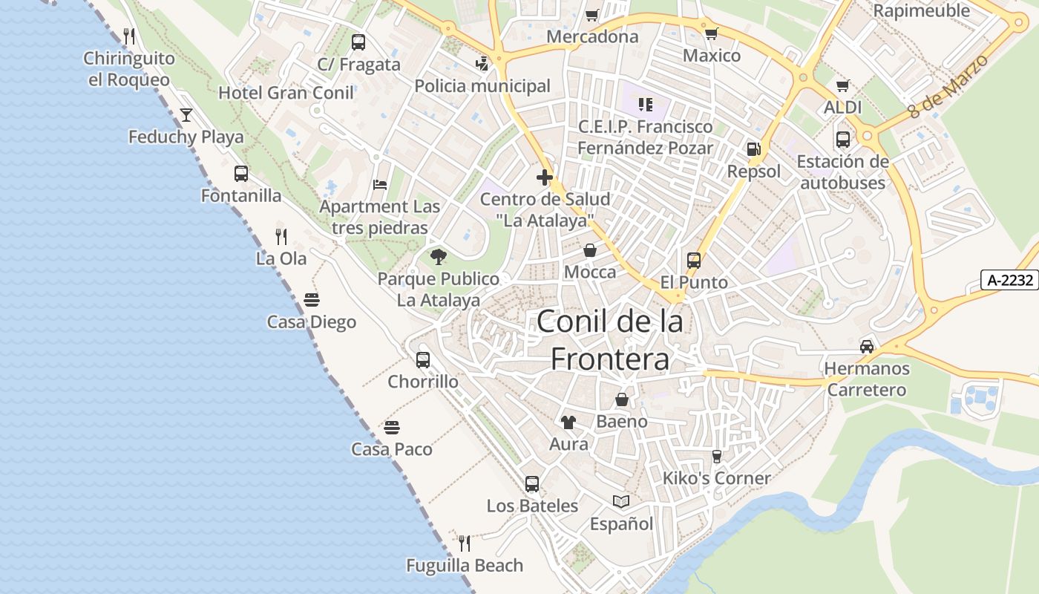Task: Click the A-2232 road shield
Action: coord(1009,280)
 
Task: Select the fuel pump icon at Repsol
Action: coord(753,149)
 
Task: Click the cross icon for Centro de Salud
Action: coord(545,177)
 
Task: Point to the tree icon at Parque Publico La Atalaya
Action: coord(439,257)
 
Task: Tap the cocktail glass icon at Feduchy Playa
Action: coord(186,114)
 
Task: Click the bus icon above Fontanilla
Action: coord(241,174)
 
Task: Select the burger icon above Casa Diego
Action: coord(312,300)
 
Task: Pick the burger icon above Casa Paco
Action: coord(392,428)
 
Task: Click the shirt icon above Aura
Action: coord(568,422)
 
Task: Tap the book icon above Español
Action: coord(621,502)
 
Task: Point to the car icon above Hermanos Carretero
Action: coord(866,347)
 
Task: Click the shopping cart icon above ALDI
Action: coord(842,86)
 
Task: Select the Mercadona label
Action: coord(592,36)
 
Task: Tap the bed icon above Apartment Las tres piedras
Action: coord(380,185)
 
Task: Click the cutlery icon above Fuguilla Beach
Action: coord(465,544)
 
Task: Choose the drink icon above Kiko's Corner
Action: coord(716,456)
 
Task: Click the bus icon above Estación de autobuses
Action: coord(843,140)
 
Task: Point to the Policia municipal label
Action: coord(482,86)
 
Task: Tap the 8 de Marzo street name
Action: coord(949,86)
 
